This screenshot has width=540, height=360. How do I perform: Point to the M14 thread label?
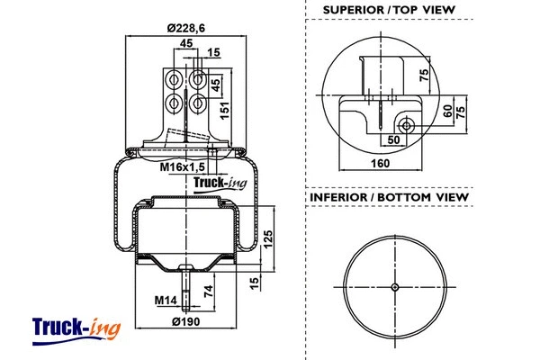point(165,300)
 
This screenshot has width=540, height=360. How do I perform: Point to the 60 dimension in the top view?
point(447,110)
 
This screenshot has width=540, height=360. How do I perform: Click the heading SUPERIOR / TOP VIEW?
point(382,11)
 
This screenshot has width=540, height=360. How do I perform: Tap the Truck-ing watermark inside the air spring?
point(220,187)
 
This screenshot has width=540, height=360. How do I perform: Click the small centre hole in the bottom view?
point(394,287)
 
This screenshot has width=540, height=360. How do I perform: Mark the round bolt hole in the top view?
point(407,126)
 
